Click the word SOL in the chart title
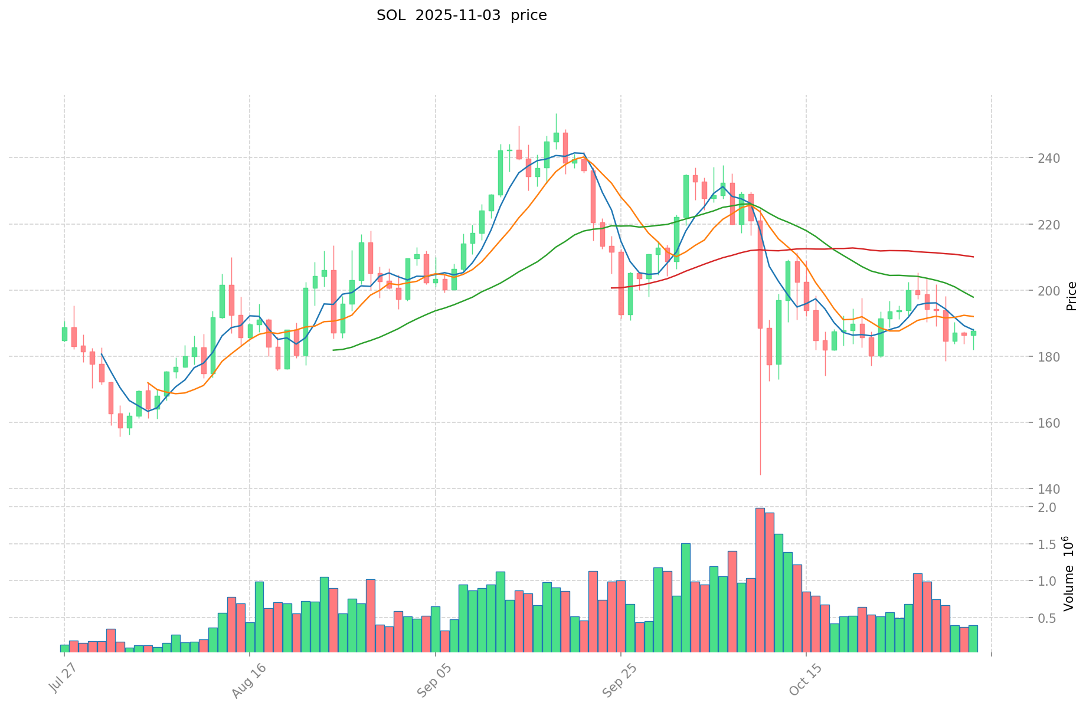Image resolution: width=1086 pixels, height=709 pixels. [390, 15]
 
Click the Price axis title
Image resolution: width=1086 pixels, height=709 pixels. [1072, 296]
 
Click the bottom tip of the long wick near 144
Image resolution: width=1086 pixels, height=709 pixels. [760, 474]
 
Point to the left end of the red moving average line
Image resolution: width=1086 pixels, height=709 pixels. [611, 288]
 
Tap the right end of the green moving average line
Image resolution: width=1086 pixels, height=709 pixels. [973, 297]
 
